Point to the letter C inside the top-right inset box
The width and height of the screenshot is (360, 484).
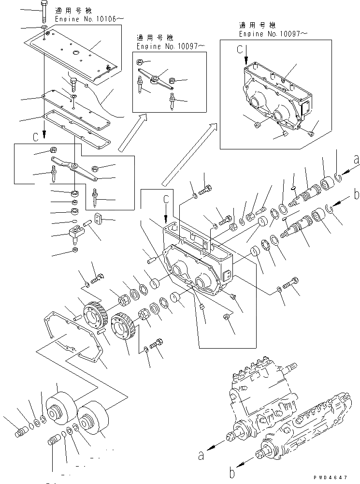[239, 49]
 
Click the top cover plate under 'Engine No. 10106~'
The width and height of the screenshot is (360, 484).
[77, 53]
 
